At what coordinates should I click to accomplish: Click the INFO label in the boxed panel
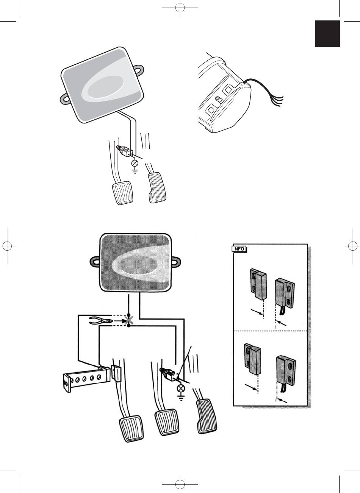(x=239, y=249)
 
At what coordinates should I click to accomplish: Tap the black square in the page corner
(x=327, y=34)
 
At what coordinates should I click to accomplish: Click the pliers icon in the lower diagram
(x=101, y=320)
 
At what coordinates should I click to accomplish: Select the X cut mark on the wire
(x=128, y=320)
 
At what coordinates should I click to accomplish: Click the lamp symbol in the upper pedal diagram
(x=135, y=163)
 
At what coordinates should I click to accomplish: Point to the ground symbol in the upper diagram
(x=135, y=171)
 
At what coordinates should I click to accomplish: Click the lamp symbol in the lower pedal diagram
(x=181, y=388)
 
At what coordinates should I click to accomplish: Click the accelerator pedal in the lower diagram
(x=207, y=417)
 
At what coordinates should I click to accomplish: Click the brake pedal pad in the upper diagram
(x=122, y=193)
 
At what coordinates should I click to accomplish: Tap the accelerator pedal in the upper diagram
(x=157, y=188)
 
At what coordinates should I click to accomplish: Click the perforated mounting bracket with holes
(x=86, y=379)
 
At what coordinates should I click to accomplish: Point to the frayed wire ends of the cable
(x=279, y=101)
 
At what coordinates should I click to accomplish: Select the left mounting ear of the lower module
(x=95, y=262)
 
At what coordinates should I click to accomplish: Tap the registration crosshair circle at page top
(x=180, y=8)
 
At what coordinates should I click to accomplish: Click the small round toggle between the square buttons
(x=219, y=99)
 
